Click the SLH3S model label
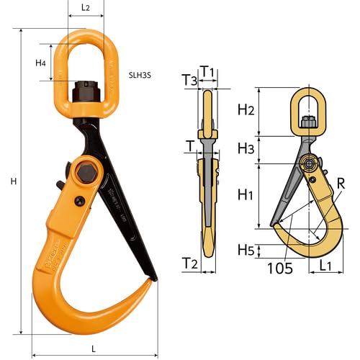(x=142, y=73)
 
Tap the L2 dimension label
(x=85, y=8)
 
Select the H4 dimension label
(x=41, y=63)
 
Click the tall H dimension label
(x=13, y=181)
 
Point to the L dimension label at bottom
(x=94, y=348)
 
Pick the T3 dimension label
(x=189, y=81)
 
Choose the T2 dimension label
(x=189, y=264)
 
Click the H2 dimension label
(x=246, y=109)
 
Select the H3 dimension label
(x=246, y=148)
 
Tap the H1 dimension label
(x=246, y=194)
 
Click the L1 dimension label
(x=325, y=266)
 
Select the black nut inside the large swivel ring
(x=86, y=94)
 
